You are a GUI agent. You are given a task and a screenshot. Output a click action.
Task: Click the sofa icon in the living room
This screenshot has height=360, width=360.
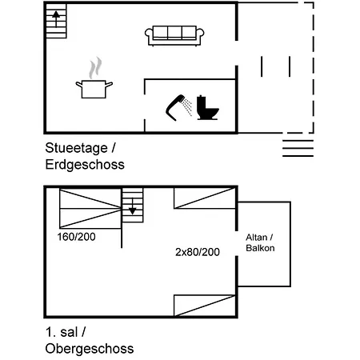pyautogui.click(x=174, y=36)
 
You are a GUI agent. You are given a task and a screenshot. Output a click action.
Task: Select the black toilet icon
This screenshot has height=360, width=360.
pyautogui.click(x=207, y=108)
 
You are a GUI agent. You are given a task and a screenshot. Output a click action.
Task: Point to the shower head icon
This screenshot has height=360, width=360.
pyautogui.click(x=175, y=107)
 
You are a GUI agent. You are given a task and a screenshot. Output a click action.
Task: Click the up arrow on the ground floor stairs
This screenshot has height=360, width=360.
pyautogui.click(x=56, y=18)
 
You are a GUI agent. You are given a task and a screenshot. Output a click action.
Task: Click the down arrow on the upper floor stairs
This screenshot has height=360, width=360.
pyautogui.click(x=133, y=206)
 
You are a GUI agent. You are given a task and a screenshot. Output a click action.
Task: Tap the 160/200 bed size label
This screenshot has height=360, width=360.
pyautogui.click(x=77, y=237)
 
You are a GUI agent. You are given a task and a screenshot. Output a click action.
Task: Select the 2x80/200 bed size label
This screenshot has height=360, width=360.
pyautogui.click(x=198, y=252)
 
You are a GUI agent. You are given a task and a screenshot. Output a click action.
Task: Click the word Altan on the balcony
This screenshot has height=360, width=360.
pyautogui.click(x=257, y=237)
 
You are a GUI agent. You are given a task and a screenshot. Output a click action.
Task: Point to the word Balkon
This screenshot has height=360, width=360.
pyautogui.click(x=260, y=248)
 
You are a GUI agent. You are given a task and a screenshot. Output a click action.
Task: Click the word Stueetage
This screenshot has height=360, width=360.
pyautogui.click(x=76, y=148)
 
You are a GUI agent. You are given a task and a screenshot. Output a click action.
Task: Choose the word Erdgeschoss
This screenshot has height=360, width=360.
pyautogui.click(x=85, y=165)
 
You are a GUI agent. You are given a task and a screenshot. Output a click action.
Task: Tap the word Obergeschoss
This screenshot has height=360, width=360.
pyautogui.click(x=90, y=349)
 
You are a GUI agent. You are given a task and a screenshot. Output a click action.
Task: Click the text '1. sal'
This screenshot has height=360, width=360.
pyautogui.click(x=62, y=332)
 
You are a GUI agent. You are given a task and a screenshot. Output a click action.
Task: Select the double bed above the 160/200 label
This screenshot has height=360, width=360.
pyautogui.click(x=90, y=209)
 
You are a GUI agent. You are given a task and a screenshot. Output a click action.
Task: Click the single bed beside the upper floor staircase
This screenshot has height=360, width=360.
pyautogui.click(x=205, y=198)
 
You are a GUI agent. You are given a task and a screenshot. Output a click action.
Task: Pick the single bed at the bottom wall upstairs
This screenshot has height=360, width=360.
pyautogui.click(x=205, y=306)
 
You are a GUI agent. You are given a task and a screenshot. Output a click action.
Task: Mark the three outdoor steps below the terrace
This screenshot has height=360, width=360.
pyautogui.click(x=298, y=148)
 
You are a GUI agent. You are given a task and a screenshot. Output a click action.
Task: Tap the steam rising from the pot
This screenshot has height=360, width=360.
pyautogui.click(x=95, y=68)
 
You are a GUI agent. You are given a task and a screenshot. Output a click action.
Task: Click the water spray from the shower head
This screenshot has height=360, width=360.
pyautogui.click(x=187, y=107)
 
